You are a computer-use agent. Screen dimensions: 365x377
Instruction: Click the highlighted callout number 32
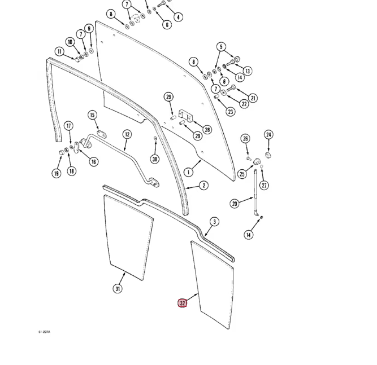183,303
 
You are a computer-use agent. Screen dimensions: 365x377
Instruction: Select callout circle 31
118,289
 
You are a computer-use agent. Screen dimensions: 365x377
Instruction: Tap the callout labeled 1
188,171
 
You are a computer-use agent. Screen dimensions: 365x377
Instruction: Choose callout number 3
214,222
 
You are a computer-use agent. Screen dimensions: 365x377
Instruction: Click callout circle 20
235,204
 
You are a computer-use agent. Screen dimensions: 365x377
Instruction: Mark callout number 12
127,134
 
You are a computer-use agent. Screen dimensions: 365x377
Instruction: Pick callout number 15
92,116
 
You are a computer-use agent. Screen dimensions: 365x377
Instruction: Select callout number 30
155,159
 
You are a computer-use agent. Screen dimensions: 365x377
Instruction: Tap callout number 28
207,130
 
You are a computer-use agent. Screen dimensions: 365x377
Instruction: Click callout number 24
268,135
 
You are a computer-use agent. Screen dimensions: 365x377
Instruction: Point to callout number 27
264,185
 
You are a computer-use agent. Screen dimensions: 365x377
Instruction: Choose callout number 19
57,173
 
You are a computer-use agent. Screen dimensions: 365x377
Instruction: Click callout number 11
60,51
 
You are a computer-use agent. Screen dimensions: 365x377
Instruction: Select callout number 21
253,98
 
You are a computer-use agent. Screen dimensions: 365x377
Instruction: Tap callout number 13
248,71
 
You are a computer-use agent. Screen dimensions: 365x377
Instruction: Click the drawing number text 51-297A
45,332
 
